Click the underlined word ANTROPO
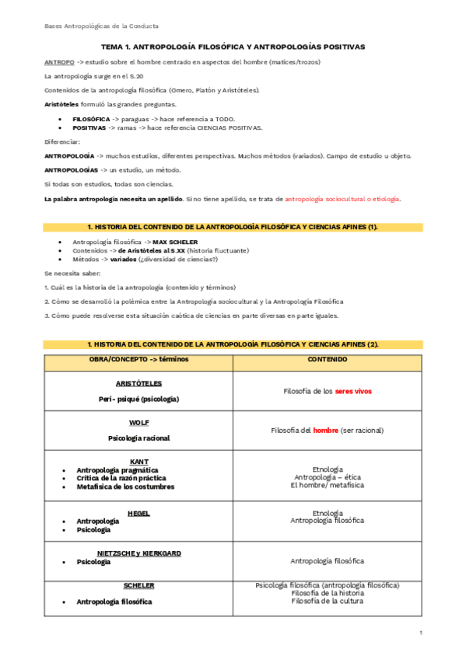coord(59,61)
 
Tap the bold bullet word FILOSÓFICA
coord(91,119)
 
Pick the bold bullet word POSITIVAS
coord(89,127)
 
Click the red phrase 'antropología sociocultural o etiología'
coord(342,199)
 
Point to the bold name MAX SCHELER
coord(175,242)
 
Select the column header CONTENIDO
coord(327,359)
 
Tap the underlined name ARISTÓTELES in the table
coord(138,383)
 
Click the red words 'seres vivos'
coord(353,391)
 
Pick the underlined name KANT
coord(138,461)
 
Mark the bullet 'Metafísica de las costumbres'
coord(125,486)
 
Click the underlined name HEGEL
coord(138,513)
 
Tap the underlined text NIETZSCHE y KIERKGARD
coord(138,553)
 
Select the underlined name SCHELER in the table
coord(138,585)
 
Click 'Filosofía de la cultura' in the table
coord(327,601)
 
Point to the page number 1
coord(420,633)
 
